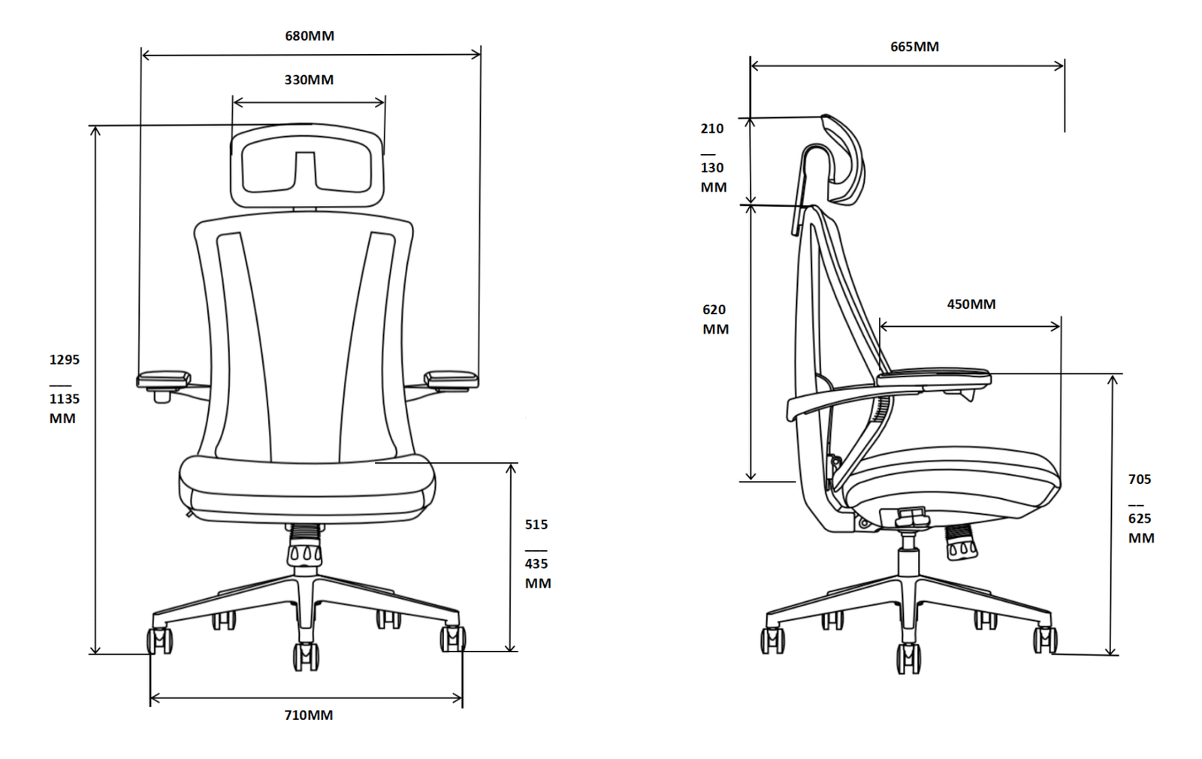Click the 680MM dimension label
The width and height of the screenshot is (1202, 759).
tap(310, 36)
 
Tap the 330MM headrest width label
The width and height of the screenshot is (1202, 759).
tap(309, 80)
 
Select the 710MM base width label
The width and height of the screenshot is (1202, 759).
tap(309, 715)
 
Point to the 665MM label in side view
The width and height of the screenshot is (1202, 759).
tap(915, 47)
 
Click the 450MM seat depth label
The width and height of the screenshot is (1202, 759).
tap(971, 304)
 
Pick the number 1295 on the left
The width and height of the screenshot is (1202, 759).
tap(65, 360)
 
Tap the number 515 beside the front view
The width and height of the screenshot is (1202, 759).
tap(536, 525)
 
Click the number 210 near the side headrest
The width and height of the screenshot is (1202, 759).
tap(712, 129)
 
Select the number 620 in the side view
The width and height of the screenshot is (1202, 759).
tap(714, 310)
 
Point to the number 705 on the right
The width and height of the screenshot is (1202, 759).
tap(1140, 479)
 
